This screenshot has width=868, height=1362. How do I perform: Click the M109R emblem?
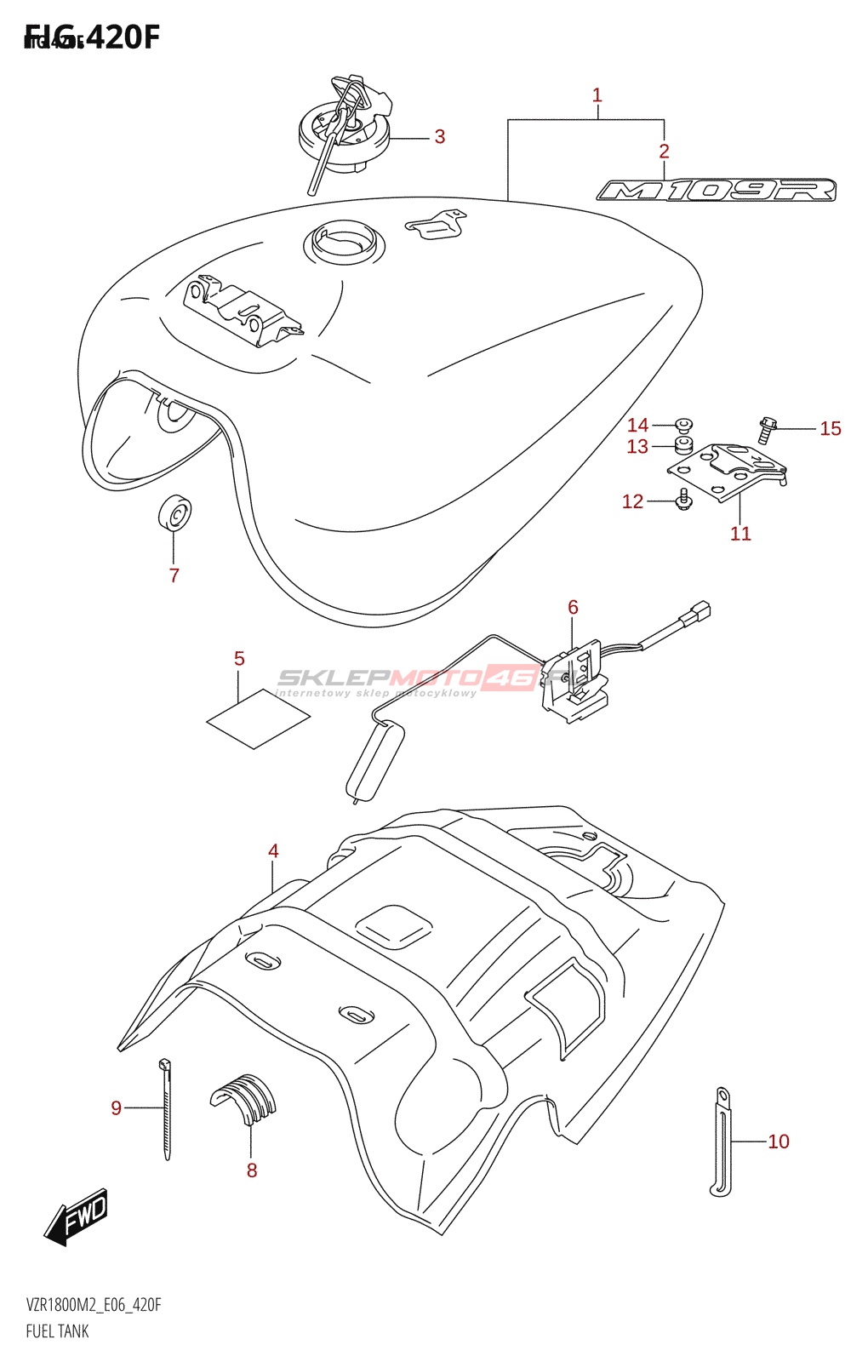[717, 190]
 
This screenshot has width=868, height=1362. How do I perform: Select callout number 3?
[439, 137]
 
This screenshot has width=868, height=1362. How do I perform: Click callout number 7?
[174, 575]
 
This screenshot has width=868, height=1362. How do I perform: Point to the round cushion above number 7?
[175, 512]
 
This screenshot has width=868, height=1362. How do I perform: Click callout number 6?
[573, 607]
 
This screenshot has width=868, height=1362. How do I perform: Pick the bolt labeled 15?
[767, 430]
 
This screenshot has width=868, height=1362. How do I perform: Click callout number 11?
[740, 534]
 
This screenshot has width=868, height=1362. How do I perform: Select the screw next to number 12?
[682, 501]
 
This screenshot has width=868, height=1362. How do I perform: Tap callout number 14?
[637, 425]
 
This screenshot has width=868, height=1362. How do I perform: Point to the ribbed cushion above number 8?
[244, 1097]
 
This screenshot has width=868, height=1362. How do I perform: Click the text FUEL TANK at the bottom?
[57, 1331]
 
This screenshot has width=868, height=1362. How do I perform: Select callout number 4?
[273, 850]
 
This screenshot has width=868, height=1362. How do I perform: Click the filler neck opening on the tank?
[343, 241]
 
